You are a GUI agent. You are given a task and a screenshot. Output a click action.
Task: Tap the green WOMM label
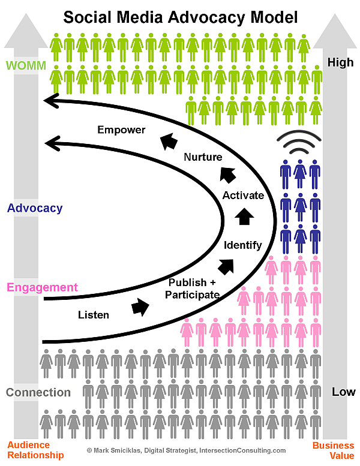tap(25, 64)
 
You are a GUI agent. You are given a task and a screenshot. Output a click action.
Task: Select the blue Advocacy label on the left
tap(35, 209)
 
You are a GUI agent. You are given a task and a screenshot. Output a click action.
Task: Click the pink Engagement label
tap(42, 287)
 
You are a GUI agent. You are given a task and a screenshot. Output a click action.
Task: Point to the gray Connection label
tap(38, 393)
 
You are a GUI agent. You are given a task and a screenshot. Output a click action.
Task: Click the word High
tap(340, 62)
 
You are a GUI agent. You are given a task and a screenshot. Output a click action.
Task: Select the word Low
tap(343, 392)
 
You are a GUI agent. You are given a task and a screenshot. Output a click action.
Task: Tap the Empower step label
tap(122, 130)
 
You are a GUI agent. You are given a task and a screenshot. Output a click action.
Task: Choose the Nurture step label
tap(203, 157)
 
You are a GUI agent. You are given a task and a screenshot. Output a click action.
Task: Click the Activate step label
tap(243, 196)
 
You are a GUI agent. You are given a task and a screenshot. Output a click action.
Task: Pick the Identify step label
tap(242, 245)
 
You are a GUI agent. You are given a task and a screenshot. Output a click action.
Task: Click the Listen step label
tap(94, 314)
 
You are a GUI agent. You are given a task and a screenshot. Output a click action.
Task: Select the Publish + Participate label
tap(193, 288)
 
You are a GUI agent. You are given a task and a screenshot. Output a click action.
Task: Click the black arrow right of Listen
tap(140, 307)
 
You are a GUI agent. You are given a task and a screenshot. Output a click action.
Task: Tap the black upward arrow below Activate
tap(243, 217)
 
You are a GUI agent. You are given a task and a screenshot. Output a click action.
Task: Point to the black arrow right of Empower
tap(169, 142)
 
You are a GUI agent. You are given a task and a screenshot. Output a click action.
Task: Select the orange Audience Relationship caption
tap(28, 450)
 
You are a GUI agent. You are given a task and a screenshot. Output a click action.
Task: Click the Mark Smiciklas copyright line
tap(186, 450)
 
